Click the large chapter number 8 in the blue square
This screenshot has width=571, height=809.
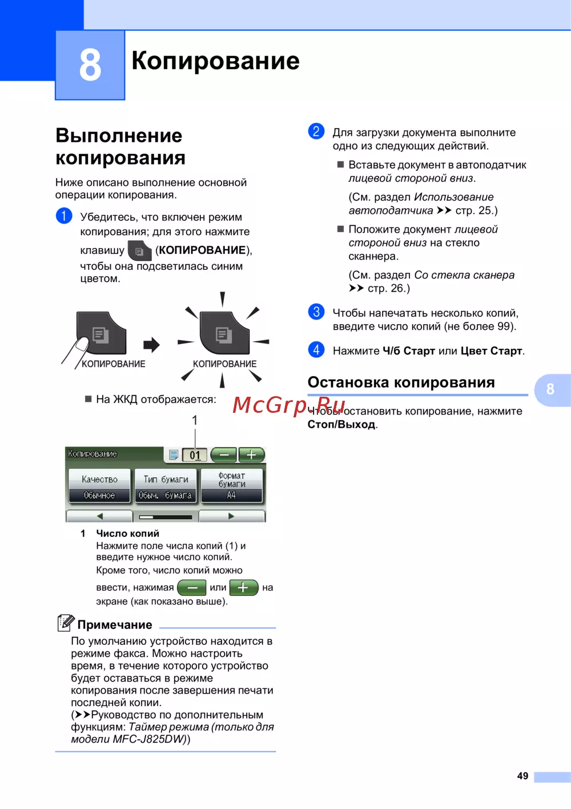click(x=90, y=65)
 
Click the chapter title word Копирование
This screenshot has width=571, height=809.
click(x=215, y=61)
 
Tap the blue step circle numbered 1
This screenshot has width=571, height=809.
click(x=64, y=216)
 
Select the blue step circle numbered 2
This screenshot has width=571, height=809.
click(x=316, y=131)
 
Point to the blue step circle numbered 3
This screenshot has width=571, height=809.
click(x=316, y=312)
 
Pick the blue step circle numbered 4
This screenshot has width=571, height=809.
click(x=316, y=350)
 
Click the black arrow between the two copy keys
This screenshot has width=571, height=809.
click(x=151, y=344)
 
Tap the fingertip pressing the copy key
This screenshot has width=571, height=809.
click(x=82, y=344)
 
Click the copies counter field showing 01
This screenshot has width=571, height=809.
click(x=195, y=455)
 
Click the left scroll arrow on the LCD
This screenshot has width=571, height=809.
click(x=100, y=516)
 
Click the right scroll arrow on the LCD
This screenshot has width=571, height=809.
click(x=231, y=516)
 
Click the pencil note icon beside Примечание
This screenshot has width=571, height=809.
click(x=66, y=623)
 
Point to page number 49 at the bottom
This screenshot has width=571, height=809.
click(x=522, y=776)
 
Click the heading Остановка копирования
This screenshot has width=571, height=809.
click(x=401, y=382)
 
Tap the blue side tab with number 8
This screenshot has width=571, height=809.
click(x=550, y=389)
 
